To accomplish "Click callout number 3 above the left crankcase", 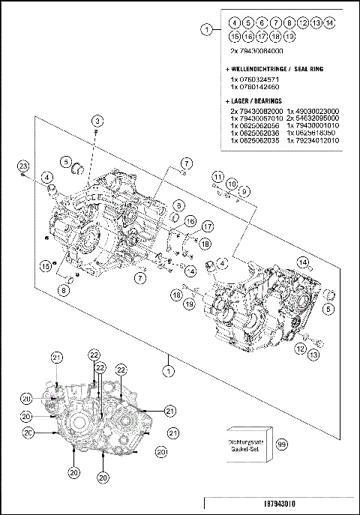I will click(97, 121).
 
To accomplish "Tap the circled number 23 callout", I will click(23, 166).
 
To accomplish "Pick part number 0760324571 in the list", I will click(255, 78).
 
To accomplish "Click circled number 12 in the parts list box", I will click(303, 23).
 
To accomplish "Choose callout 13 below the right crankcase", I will click(314, 352).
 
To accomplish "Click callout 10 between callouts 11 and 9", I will click(232, 184).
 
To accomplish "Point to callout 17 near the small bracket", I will click(207, 226).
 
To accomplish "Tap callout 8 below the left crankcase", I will click(64, 291).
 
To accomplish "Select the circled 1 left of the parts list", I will click(206, 29).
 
